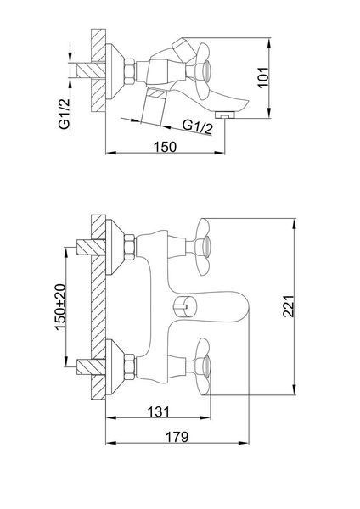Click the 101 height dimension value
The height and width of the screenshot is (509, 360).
pos(263,77)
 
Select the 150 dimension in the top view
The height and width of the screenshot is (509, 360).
pos(165,147)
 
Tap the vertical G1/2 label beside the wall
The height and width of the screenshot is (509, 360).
pos(65,115)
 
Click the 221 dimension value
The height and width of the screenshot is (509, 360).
pos(289,306)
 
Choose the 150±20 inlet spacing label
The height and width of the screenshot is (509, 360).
pos(60,307)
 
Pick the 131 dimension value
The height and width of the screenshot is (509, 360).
pos(158,411)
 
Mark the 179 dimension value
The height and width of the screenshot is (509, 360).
pos(177,437)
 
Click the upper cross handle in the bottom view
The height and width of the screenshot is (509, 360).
pos(203,247)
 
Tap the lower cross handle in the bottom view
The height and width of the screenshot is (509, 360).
pos(203,366)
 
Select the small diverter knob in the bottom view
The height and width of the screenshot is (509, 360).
pos(181,306)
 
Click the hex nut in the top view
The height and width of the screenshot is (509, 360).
pos(130,72)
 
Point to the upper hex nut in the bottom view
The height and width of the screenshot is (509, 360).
pos(130,247)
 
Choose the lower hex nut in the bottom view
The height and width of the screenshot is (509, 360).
pos(130,366)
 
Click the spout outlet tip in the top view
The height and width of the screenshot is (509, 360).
pos(225,115)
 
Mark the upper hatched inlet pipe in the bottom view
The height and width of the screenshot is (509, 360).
pos(91,248)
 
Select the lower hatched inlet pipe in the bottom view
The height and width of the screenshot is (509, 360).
pos(91,366)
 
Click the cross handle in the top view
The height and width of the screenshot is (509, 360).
pos(202,71)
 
